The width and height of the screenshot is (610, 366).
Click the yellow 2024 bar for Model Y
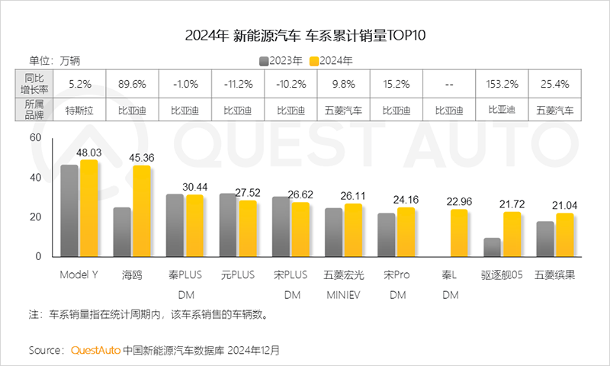tap(89, 208)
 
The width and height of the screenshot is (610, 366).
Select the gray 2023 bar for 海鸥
tap(122, 232)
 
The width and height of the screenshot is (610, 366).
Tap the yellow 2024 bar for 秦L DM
tap(459, 233)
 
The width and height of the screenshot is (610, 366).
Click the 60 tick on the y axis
tap(34, 138)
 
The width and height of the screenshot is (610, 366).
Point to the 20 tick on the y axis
tap(34, 217)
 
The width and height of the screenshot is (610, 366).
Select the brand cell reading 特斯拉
tap(81, 109)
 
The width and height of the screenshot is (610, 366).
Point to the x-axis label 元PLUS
tap(238, 273)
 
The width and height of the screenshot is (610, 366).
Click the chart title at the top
tap(305, 35)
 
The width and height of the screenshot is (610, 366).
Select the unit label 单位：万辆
tap(54, 60)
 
